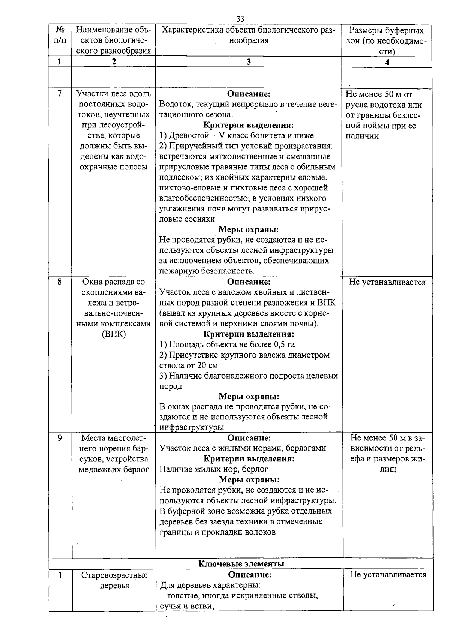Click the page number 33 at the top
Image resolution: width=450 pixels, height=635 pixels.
[x=240, y=19]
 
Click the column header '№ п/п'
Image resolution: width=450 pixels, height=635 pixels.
[x=60, y=35]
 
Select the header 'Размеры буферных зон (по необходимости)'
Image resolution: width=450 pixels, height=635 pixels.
[x=387, y=40]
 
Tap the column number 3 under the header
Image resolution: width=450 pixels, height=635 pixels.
[x=249, y=62]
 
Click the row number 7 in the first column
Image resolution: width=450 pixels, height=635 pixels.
[x=60, y=94]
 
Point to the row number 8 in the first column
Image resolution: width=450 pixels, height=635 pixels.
[x=60, y=282]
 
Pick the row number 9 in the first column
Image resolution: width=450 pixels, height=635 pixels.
[x=60, y=438]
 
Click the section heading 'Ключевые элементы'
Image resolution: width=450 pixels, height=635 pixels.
[x=241, y=563]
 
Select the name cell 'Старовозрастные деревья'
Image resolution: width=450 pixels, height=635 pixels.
[x=114, y=580]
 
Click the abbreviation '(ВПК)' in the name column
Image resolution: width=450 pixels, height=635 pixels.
[x=114, y=334]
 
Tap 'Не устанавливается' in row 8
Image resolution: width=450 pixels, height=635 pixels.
[x=387, y=282]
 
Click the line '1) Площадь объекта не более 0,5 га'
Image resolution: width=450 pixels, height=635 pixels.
[x=227, y=344]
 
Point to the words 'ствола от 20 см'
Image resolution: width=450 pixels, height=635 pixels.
[x=189, y=365]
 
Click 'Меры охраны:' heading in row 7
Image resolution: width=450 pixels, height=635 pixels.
[x=249, y=229]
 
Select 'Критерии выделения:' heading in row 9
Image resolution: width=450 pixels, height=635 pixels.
[x=249, y=458]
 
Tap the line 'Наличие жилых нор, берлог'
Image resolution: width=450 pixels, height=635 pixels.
[x=214, y=469]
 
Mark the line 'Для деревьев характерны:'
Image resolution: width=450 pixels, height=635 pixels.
[x=210, y=585]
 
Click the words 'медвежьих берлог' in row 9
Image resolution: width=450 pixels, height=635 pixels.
[x=114, y=469]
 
